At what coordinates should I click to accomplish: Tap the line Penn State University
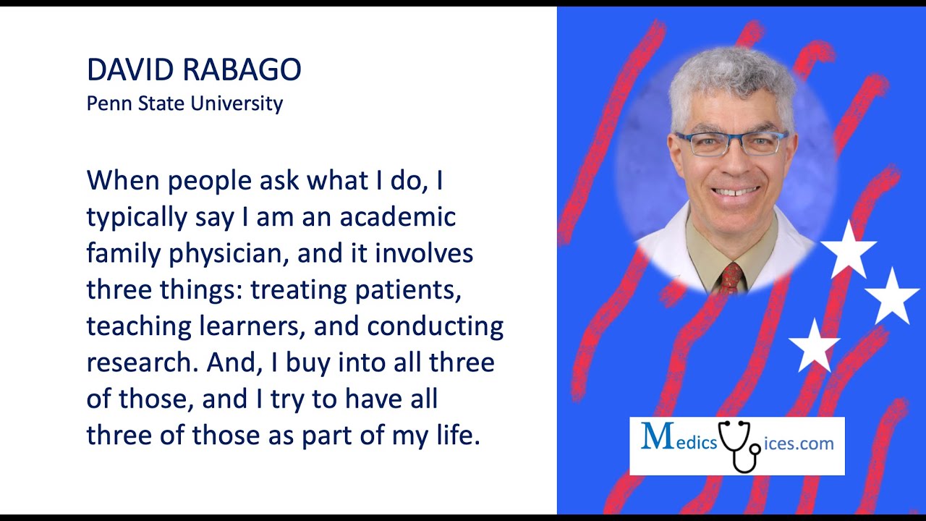point(184,103)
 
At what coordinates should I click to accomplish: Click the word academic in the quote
point(397,217)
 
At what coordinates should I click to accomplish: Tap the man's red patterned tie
point(731,277)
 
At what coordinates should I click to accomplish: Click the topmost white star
point(849,250)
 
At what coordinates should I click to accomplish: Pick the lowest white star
point(815,346)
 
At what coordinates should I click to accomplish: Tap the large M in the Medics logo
point(657,436)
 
